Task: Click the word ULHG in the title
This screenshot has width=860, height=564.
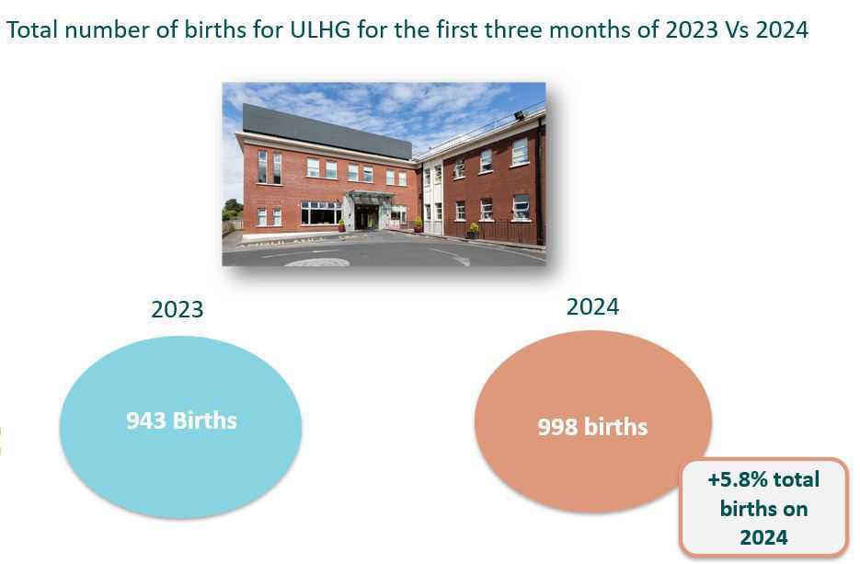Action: (x=320, y=29)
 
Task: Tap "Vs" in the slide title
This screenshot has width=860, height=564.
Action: (x=737, y=29)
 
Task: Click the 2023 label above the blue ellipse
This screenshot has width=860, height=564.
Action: (x=178, y=309)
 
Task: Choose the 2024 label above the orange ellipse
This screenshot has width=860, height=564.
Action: (x=592, y=306)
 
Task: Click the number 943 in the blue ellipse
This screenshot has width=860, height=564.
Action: (x=146, y=420)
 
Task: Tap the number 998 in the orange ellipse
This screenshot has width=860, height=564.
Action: (x=557, y=428)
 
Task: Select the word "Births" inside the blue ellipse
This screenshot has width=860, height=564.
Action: (x=204, y=420)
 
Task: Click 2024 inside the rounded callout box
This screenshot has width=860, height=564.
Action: (x=763, y=537)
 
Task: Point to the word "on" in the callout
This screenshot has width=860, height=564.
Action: (x=796, y=509)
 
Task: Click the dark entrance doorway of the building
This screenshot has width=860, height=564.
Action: (x=364, y=216)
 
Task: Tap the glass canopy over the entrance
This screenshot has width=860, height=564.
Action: (x=371, y=196)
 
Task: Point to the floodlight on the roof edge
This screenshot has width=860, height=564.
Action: (x=520, y=115)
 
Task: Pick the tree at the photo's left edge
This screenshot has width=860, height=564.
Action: (x=233, y=209)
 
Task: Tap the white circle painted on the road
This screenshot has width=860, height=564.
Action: (x=317, y=262)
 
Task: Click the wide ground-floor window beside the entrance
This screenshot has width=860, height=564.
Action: (x=321, y=213)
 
